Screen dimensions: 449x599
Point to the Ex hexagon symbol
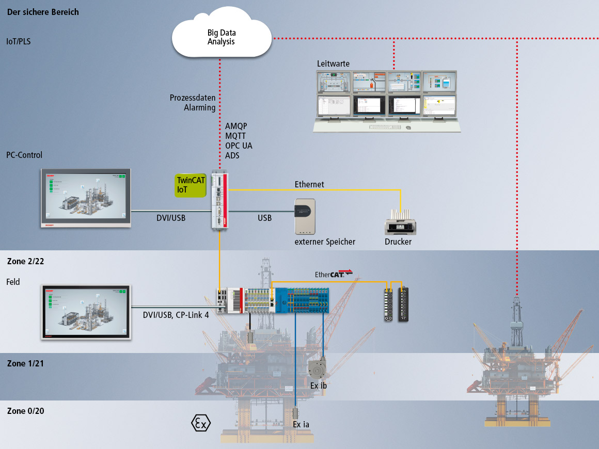pyautogui.click(x=201, y=423)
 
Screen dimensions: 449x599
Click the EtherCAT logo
pyautogui.click(x=333, y=274)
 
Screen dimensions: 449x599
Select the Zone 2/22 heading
pyautogui.click(x=25, y=261)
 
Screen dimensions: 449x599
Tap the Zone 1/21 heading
pyautogui.click(x=25, y=363)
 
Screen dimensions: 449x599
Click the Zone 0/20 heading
pyautogui.click(x=25, y=411)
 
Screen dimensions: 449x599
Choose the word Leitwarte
pyautogui.click(x=333, y=63)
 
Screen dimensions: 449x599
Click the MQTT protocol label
pyautogui.click(x=235, y=136)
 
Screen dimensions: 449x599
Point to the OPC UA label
pyautogui.click(x=239, y=146)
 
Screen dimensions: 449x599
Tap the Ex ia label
pyautogui.click(x=301, y=424)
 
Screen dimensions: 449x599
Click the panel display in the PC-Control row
pyautogui.click(x=86, y=198)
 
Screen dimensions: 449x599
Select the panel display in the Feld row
pyautogui.click(x=86, y=312)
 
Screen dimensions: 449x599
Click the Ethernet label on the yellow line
pyautogui.click(x=309, y=184)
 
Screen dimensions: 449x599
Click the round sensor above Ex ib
pyautogui.click(x=317, y=368)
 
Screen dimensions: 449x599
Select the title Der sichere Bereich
pyautogui.click(x=43, y=11)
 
